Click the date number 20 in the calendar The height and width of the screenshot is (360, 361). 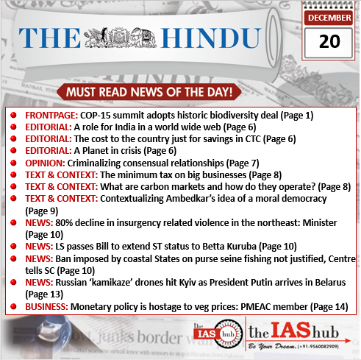coord(329,42)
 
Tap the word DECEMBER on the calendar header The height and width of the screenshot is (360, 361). coord(329,18)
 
